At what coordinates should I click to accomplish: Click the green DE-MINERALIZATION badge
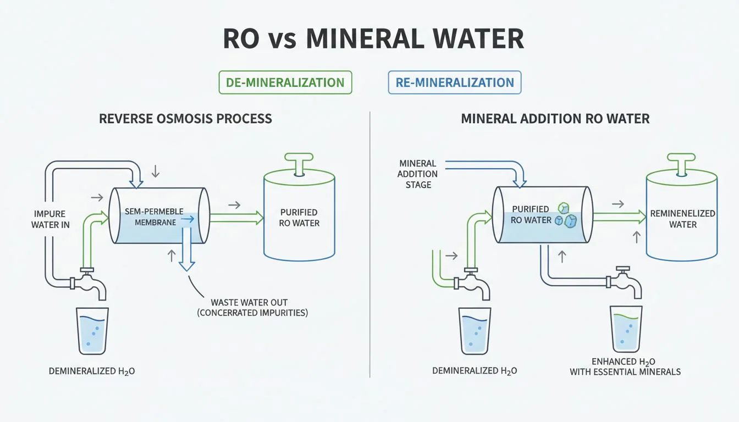(285, 82)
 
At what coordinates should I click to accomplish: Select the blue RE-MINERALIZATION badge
(454, 82)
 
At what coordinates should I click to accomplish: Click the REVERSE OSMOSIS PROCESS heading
(185, 118)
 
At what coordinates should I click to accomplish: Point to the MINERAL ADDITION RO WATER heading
(555, 118)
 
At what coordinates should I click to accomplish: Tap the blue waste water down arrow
(187, 253)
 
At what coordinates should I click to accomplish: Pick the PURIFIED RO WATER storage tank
(299, 217)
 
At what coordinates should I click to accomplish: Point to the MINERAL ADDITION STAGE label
(418, 174)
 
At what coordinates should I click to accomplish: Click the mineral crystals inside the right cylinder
(566, 215)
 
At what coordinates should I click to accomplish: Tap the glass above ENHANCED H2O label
(626, 329)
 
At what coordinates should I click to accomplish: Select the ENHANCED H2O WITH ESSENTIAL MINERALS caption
(625, 367)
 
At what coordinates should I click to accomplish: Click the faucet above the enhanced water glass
(625, 281)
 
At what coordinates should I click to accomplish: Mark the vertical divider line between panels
(369, 242)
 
